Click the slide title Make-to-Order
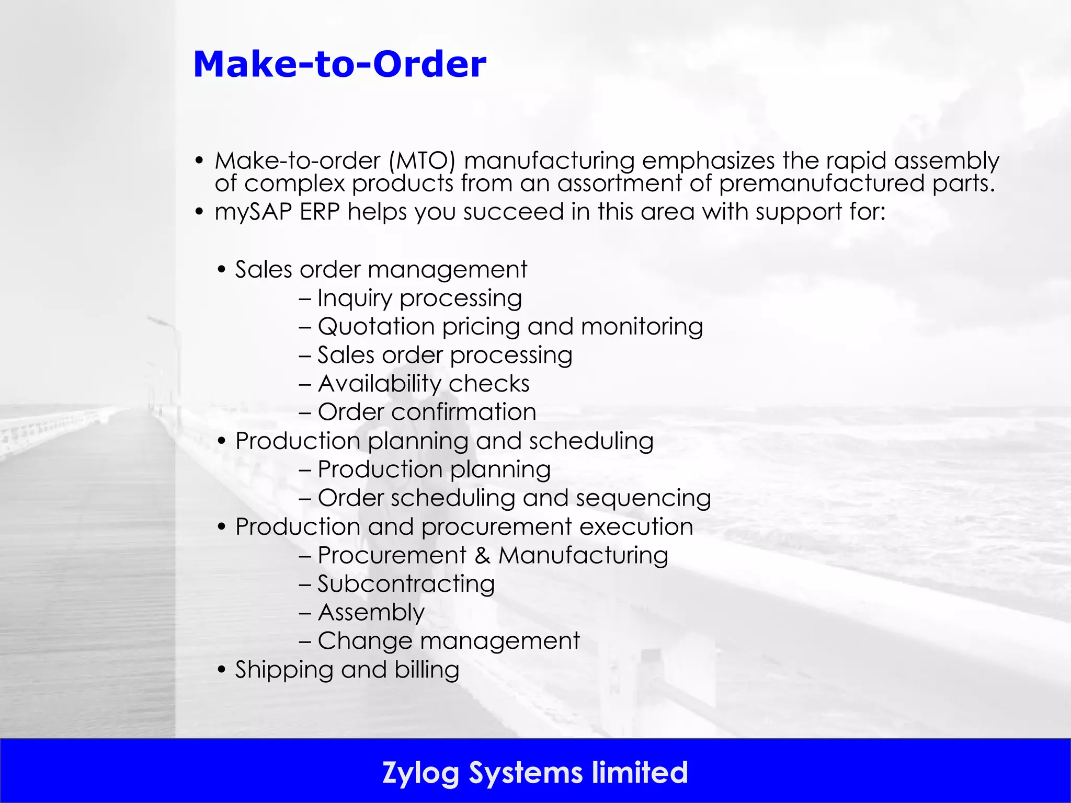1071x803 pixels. pyautogui.click(x=340, y=64)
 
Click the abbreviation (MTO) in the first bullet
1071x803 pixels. pyautogui.click(x=422, y=160)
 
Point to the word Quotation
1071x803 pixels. pyautogui.click(x=376, y=327)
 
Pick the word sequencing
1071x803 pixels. pyautogui.click(x=643, y=498)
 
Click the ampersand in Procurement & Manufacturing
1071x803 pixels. pyautogui.click(x=483, y=555)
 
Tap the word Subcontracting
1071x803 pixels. pyautogui.click(x=406, y=584)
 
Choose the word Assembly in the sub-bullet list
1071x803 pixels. pyautogui.click(x=371, y=612)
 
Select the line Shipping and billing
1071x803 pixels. pyautogui.click(x=347, y=670)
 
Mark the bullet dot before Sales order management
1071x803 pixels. pyautogui.click(x=222, y=270)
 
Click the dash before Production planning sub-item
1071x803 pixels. pyautogui.click(x=305, y=470)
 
